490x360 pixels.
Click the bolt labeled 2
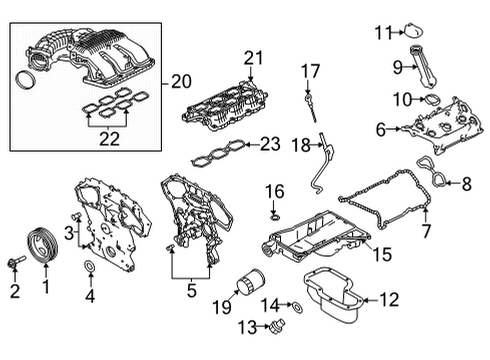pyautogui.click(x=14, y=265)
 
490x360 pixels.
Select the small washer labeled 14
pyautogui.click(x=299, y=305)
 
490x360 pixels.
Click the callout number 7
pyautogui.click(x=428, y=231)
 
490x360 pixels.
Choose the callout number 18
pyautogui.click(x=300, y=145)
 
